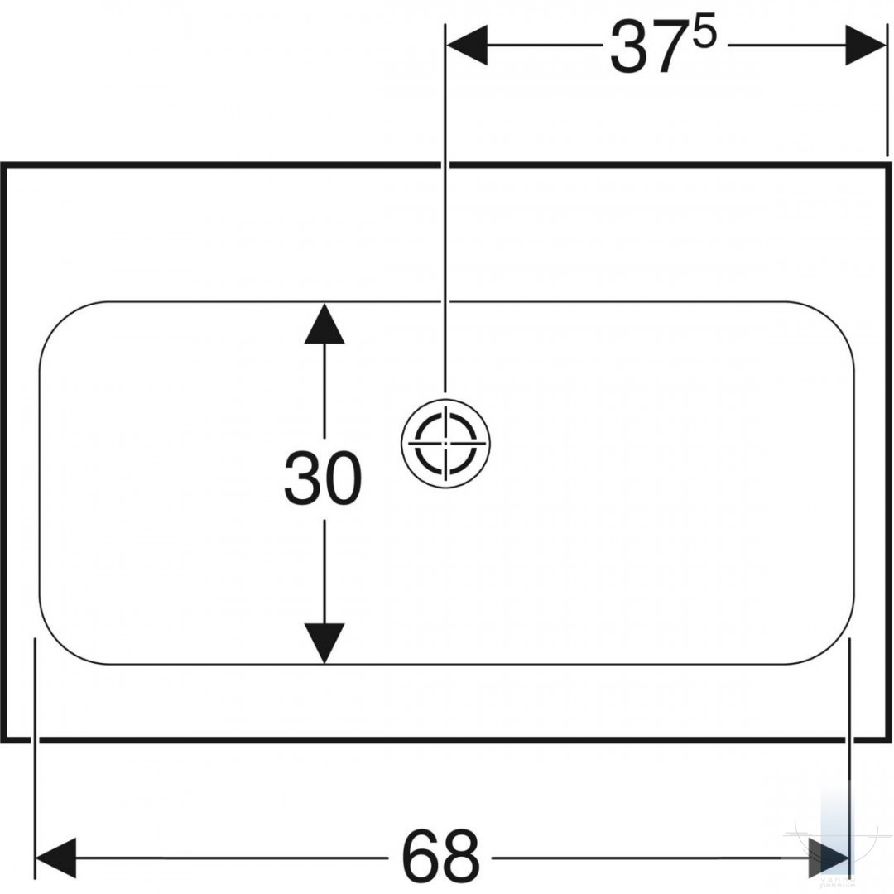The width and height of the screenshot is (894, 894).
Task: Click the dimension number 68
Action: click(x=440, y=857)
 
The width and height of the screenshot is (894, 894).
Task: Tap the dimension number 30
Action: click(x=323, y=478)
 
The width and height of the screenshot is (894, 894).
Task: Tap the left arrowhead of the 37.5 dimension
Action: click(x=467, y=45)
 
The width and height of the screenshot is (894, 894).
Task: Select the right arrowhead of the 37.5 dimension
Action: click(x=866, y=45)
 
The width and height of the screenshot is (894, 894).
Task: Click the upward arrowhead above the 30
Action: click(x=324, y=324)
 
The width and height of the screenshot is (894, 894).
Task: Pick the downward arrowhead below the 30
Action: click(x=324, y=643)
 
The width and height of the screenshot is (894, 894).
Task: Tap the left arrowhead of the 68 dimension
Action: click(x=56, y=858)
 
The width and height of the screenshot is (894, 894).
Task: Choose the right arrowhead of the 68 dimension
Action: click(x=829, y=858)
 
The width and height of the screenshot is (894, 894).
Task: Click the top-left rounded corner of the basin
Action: click(x=60, y=322)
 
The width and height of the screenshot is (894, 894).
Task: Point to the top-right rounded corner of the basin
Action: click(x=834, y=322)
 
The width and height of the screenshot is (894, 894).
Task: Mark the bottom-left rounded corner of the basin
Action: click(x=60, y=644)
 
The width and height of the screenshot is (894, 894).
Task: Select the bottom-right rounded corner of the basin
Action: click(x=834, y=644)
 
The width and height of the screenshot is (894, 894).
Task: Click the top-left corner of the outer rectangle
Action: click(x=3, y=166)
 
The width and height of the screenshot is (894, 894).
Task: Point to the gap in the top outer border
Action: click(x=445, y=166)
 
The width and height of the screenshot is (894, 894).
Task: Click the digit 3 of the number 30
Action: click(x=302, y=478)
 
